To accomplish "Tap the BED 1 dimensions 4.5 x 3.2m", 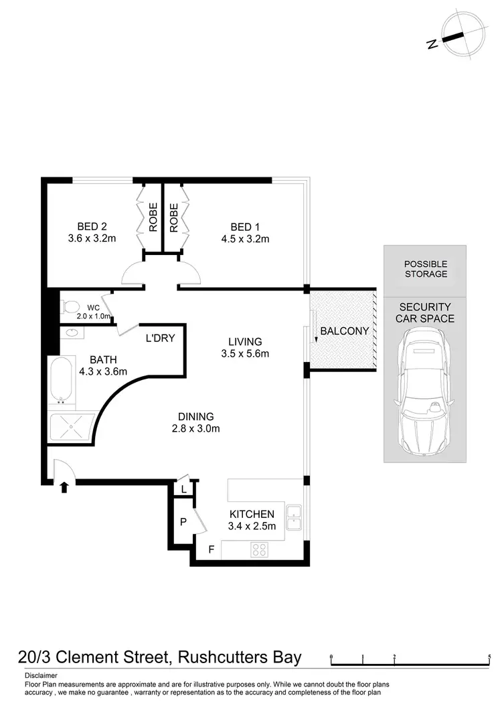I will tap(245, 239).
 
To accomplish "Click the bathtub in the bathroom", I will tap(60, 380).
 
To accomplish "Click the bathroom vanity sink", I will tap(71, 332).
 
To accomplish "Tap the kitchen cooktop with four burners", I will tap(259, 549).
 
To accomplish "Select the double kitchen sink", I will tap(294, 519).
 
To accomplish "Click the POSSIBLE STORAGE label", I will tap(425, 269).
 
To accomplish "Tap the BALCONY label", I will tap(345, 331).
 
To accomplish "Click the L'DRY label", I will tap(160, 338).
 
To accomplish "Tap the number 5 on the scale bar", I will tap(490, 656).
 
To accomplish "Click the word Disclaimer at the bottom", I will tap(41, 676).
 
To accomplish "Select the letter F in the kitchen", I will tap(211, 550).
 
